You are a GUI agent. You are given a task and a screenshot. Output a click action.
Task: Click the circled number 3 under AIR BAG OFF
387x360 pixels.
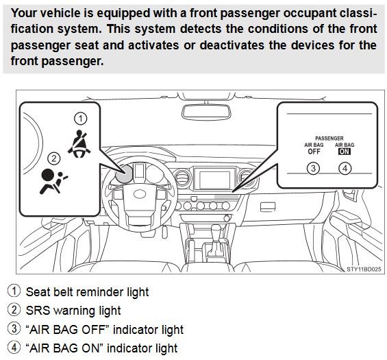[313, 168]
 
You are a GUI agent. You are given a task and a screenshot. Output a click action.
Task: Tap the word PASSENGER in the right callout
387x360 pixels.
[329, 138]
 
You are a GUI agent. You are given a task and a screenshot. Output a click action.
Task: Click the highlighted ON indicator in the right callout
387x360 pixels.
[344, 153]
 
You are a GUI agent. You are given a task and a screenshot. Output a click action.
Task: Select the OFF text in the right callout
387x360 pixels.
[313, 153]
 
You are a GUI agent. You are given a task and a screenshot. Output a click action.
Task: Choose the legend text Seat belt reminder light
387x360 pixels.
[87, 291]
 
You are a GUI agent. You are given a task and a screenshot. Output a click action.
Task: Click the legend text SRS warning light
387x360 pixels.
[73, 311]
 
